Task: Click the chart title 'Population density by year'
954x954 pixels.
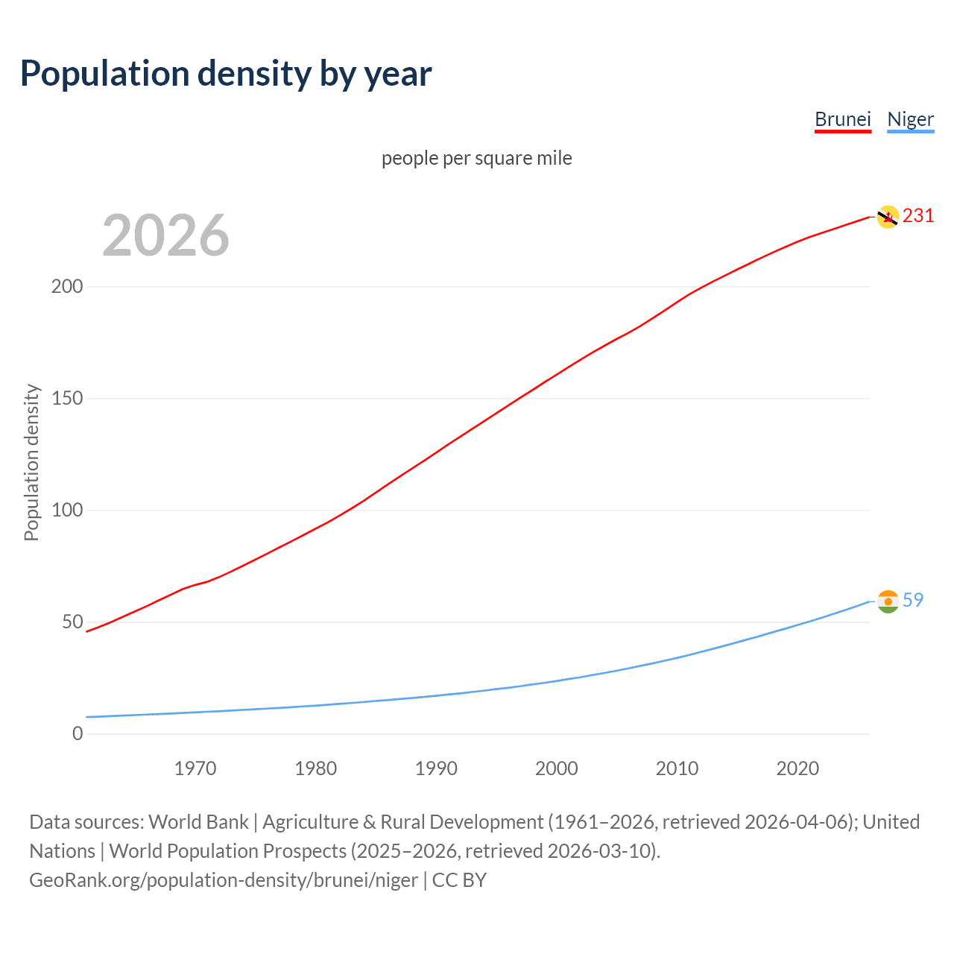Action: (226, 73)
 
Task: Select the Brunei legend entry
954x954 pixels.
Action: (842, 119)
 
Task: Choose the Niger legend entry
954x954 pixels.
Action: (910, 119)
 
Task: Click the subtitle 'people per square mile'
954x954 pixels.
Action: (476, 158)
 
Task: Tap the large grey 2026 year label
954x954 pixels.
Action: (165, 236)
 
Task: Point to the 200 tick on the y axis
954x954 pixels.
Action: (66, 287)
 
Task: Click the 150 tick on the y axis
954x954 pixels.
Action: (66, 399)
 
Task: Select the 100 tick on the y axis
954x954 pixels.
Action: (66, 511)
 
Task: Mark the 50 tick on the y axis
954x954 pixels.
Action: (72, 622)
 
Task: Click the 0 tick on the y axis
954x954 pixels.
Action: (78, 734)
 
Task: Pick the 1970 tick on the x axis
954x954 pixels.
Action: (195, 768)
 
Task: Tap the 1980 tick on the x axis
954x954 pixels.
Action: (316, 768)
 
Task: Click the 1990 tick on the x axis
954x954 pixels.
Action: (436, 768)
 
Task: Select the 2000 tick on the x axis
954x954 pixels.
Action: (557, 768)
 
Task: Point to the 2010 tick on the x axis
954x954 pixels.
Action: (677, 768)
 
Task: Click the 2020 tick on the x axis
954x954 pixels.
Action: (797, 768)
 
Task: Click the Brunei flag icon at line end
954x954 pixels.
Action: (888, 217)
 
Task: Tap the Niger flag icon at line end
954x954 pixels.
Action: (888, 601)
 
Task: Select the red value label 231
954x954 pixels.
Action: (918, 216)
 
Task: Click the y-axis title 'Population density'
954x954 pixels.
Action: (31, 462)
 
